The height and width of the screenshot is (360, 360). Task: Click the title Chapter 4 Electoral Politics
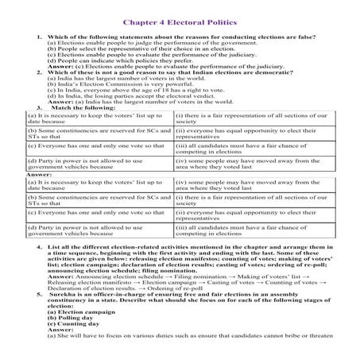point(180,22)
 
